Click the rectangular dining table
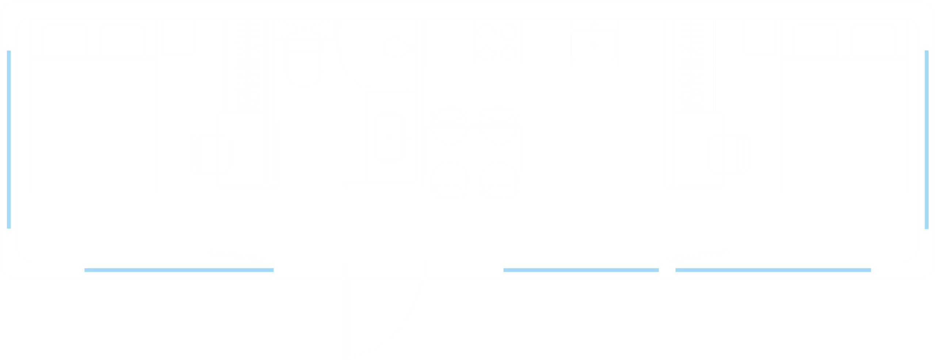point(474,150)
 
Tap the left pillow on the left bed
point(65,42)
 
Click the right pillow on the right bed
point(873,42)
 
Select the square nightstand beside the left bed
point(178,36)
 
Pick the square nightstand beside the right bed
point(760,36)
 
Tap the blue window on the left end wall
point(9,139)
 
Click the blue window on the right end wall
point(927,139)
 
